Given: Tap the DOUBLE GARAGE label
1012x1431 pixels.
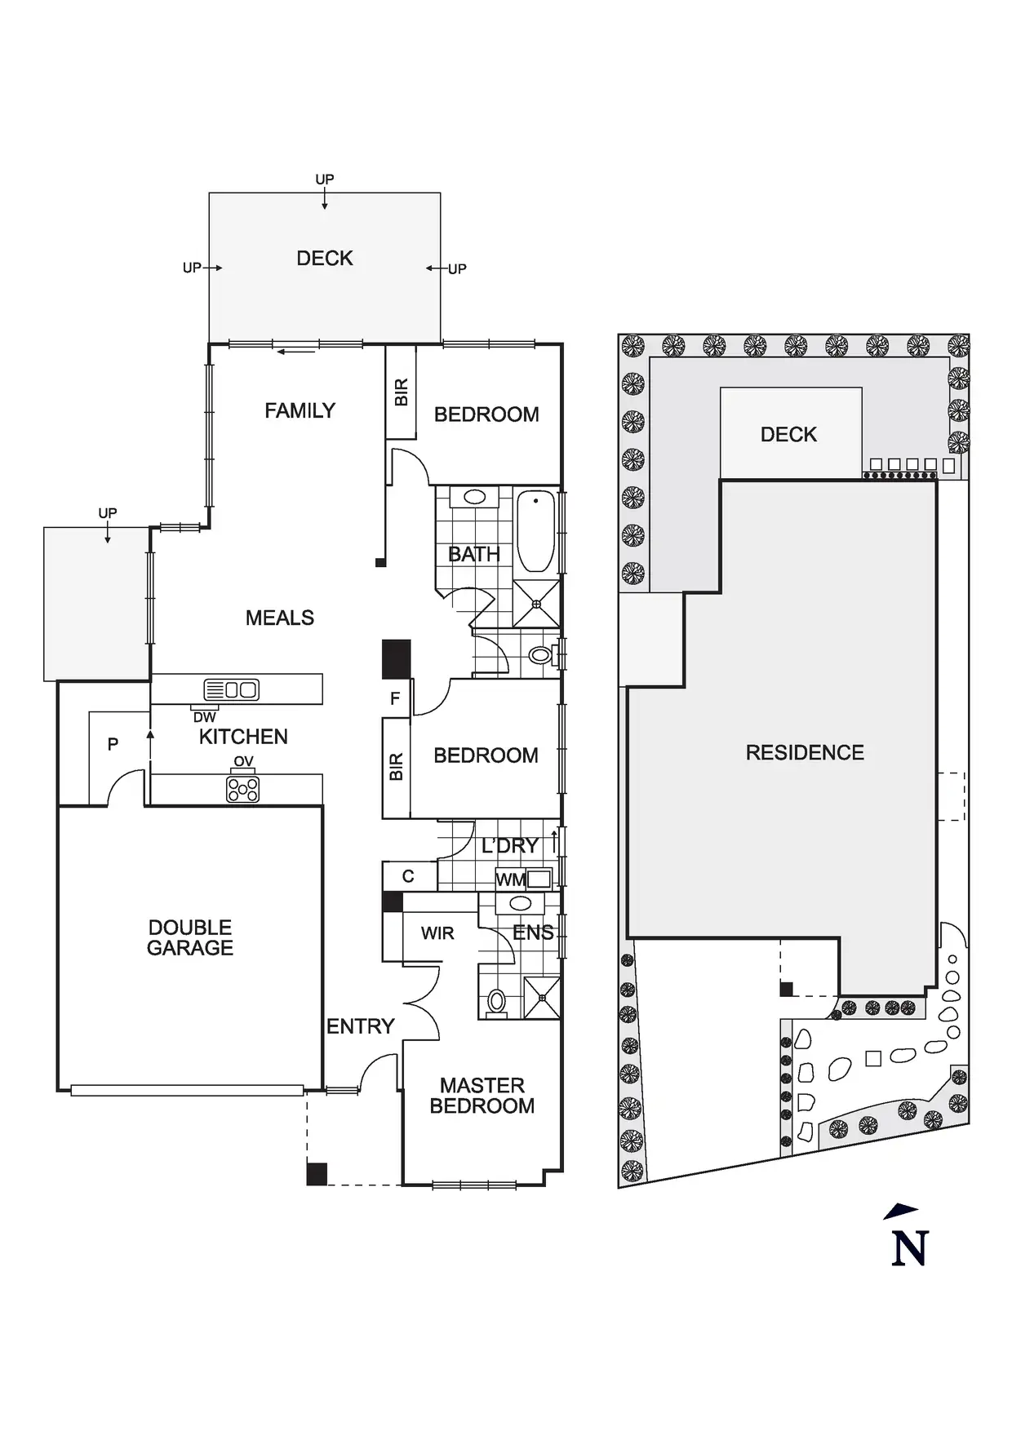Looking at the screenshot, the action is [190, 937].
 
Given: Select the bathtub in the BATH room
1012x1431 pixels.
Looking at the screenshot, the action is [535, 531].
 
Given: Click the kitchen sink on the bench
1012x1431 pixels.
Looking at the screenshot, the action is [232, 689].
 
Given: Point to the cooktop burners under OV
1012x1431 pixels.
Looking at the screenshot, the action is [243, 789].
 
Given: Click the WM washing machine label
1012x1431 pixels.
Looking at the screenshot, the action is [510, 879].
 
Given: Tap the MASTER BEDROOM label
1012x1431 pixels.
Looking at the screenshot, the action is [482, 1096].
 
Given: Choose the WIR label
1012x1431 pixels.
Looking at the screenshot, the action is [437, 933].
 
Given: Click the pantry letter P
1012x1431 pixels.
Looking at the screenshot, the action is [113, 744].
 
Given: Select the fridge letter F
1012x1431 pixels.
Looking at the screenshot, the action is [395, 698].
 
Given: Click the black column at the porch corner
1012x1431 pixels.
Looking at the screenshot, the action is [317, 1173].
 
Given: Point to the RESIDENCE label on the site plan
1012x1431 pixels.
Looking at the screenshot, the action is [805, 752].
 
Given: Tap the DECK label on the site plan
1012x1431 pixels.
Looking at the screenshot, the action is [788, 435].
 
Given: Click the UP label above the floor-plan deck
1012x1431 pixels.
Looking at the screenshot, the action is [325, 179].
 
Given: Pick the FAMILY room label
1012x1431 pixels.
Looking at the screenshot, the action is [300, 410].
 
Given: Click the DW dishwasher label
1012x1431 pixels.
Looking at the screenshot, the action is [205, 717].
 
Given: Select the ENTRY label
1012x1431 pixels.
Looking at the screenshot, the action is [360, 1026].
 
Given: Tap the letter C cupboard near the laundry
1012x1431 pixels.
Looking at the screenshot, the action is [408, 876].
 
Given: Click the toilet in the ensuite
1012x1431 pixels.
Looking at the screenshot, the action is [495, 1001].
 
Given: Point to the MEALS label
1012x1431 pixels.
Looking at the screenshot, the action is [280, 618].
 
